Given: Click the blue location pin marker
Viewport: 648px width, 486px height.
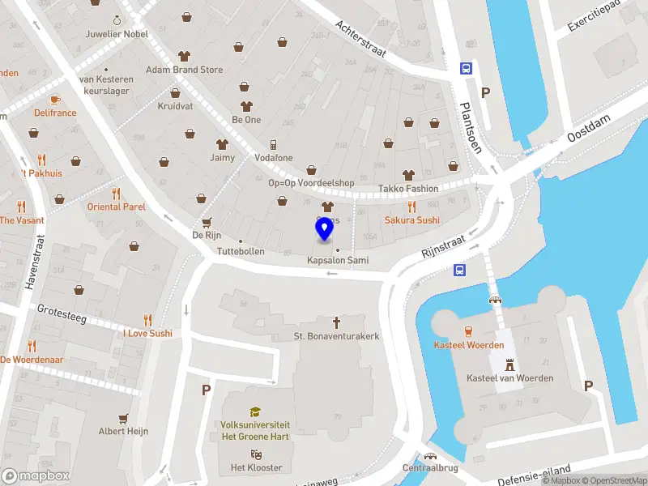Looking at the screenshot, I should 324,231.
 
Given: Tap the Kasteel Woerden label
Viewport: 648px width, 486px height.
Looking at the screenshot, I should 468,345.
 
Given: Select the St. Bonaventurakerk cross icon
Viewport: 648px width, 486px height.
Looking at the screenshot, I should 337,322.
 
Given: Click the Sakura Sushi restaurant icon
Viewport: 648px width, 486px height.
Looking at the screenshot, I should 411,206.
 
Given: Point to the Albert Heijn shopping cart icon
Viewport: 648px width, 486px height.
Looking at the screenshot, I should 123,418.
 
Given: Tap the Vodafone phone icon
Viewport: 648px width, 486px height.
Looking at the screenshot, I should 273,144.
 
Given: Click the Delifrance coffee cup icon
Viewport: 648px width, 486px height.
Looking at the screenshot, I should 55,99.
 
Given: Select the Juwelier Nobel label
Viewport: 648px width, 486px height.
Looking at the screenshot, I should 118,34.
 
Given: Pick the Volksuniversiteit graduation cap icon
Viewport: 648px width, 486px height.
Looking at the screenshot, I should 255,411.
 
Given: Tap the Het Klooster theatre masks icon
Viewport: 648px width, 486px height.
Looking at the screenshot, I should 256,454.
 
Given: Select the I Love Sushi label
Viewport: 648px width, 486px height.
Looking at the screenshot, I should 147,333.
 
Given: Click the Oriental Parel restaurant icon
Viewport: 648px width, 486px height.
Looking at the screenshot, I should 117,193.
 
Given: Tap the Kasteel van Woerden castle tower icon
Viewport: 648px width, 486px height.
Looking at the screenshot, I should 509,364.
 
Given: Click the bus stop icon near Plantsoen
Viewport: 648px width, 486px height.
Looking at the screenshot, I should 466,69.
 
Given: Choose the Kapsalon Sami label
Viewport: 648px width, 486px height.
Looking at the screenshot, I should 338,260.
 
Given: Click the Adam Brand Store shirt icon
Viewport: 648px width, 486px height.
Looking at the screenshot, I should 184,56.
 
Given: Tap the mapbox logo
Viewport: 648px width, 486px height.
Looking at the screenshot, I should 36,476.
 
